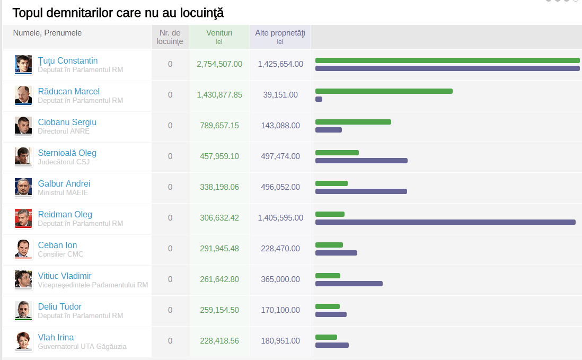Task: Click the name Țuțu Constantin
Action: point(67,60)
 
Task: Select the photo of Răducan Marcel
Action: point(23,95)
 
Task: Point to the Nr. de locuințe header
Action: point(170,37)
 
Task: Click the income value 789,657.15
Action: point(219,126)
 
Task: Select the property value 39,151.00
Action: point(280,94)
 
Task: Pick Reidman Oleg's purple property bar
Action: point(445,222)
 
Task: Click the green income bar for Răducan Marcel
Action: point(384,91)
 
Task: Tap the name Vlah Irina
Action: point(56,337)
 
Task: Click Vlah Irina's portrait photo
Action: point(23,341)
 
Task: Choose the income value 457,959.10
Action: point(219,156)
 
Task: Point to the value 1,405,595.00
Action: point(280,218)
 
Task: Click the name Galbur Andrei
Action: point(64,183)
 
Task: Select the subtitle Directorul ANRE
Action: point(64,131)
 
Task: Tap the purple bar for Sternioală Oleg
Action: point(361,161)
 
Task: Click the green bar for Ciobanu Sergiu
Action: point(354,122)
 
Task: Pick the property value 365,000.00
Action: point(280,279)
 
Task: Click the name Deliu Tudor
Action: point(59,306)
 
